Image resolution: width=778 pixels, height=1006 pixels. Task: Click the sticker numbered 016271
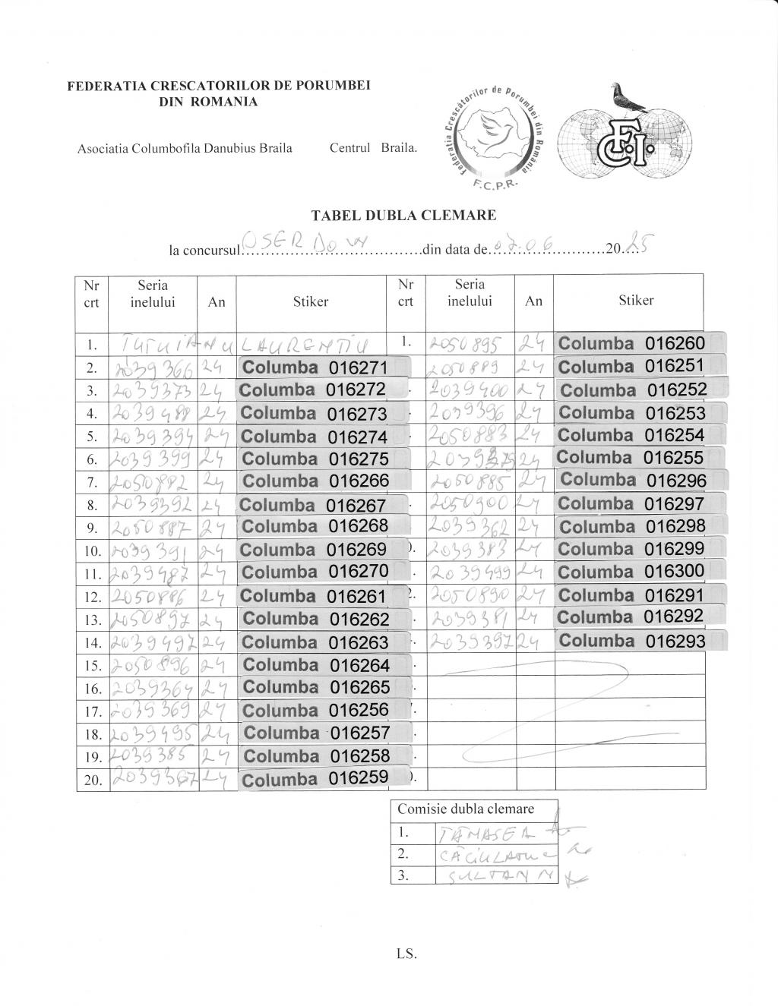[325, 367]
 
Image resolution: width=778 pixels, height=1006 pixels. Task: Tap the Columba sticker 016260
[640, 343]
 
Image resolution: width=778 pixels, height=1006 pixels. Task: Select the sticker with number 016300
[640, 571]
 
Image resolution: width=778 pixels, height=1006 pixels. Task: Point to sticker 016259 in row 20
[325, 779]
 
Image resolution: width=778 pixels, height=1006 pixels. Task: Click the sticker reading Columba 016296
[642, 480]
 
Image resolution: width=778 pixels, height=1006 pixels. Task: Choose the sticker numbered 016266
[325, 481]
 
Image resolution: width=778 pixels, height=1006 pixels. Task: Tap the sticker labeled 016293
[640, 641]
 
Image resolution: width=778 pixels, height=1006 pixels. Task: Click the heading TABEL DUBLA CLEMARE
[403, 216]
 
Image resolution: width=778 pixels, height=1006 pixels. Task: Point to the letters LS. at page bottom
[406, 954]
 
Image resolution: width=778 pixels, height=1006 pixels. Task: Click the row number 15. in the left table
[93, 666]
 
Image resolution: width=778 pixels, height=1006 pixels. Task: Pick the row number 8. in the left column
[93, 506]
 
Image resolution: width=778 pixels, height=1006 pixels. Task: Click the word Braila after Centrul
[400, 148]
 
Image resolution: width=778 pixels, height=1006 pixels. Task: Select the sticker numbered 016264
[325, 665]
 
